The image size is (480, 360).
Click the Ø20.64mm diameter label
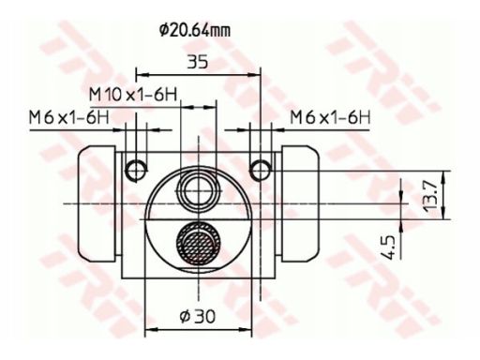[195, 30]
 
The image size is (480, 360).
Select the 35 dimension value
[198, 62]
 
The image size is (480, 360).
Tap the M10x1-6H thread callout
[133, 95]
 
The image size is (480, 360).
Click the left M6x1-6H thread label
[69, 118]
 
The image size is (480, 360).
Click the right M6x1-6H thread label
[330, 118]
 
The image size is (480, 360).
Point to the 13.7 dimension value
[430, 196]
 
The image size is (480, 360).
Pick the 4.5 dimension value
[388, 247]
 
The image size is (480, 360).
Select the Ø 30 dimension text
[198, 316]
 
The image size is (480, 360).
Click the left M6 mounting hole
[136, 171]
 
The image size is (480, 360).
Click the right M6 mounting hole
[261, 171]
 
